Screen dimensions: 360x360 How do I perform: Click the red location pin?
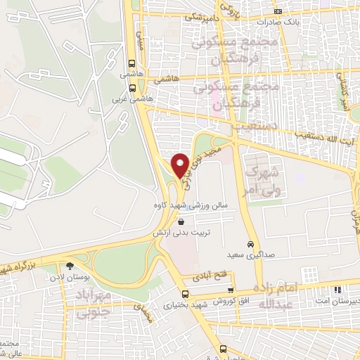tap(180, 163)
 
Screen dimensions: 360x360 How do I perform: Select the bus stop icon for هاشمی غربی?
tap(132, 89)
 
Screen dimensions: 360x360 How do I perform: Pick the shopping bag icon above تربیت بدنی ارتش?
tap(181, 221)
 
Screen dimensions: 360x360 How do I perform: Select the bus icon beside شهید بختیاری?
tap(185, 294)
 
